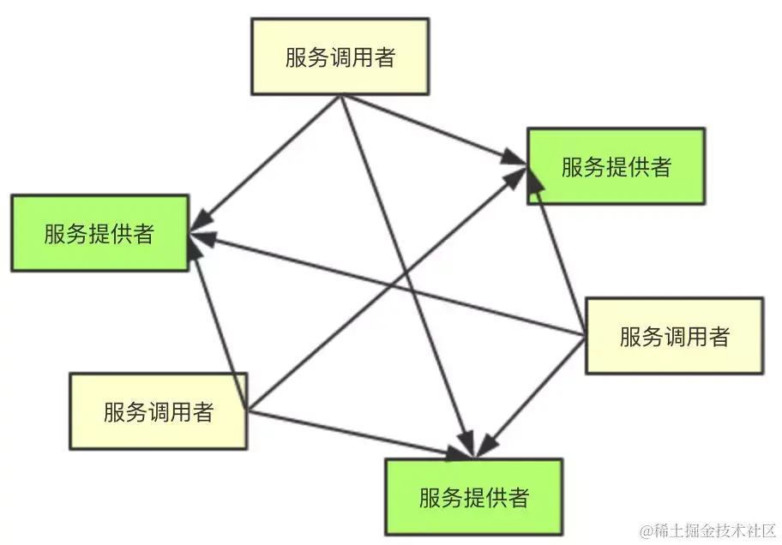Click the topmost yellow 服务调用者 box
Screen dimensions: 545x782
coord(340,57)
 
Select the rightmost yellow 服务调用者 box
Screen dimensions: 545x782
coord(674,335)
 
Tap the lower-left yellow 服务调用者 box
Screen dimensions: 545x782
coord(158,410)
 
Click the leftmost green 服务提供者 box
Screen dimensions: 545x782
coord(99,233)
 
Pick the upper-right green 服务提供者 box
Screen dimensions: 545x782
coord(616,166)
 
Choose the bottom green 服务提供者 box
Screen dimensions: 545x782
coord(473,496)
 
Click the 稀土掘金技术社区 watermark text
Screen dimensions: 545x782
coord(715,529)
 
